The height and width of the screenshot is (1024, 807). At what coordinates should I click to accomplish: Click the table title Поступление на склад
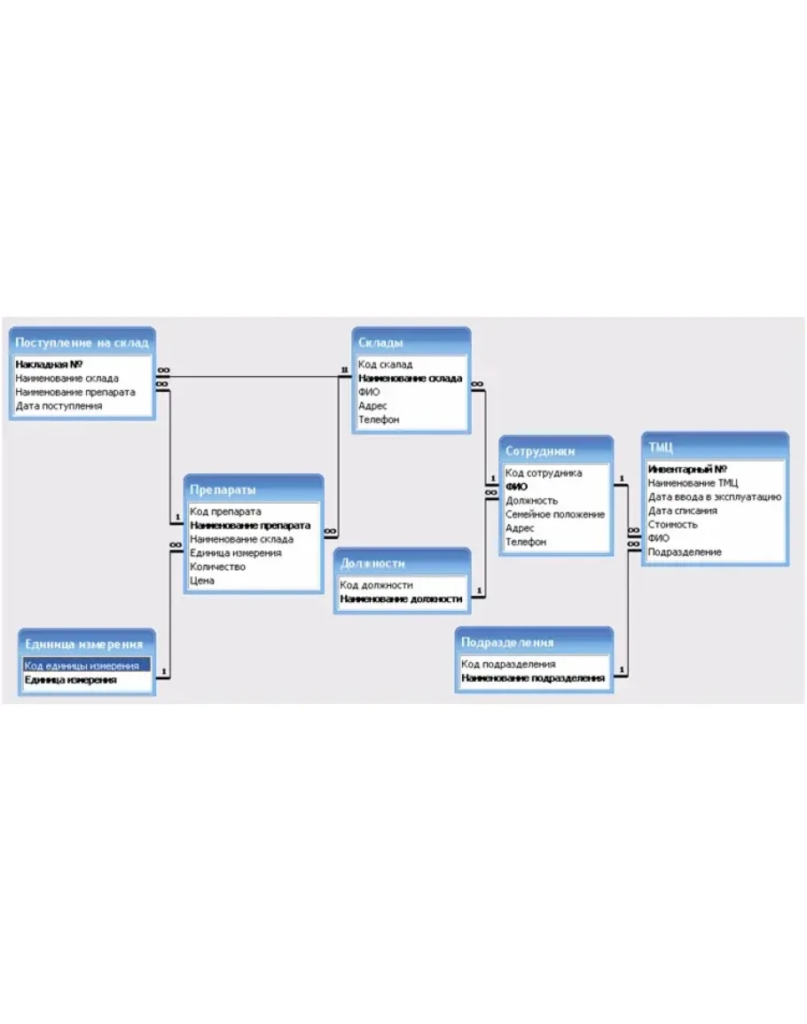tap(82, 342)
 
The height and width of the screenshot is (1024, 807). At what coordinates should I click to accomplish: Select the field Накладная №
tap(49, 364)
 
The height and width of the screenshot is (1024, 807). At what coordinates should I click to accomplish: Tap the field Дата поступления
tap(59, 405)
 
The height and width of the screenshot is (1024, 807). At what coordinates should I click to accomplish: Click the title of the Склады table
tap(380, 342)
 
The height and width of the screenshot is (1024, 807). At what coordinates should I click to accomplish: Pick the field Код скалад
tap(385, 364)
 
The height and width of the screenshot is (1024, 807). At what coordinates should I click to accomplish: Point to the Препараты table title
tap(223, 489)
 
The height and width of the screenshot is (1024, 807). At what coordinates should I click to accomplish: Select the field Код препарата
tap(225, 512)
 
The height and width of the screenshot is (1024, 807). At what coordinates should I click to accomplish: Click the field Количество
tap(217, 567)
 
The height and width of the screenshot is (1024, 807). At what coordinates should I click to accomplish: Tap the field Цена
tap(202, 581)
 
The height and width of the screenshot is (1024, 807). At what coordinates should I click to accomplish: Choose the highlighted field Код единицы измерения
tap(82, 666)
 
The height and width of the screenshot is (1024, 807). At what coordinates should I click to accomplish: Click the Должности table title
tap(372, 564)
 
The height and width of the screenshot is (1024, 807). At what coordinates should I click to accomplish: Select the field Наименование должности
tap(401, 598)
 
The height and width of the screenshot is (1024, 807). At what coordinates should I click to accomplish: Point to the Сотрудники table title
tap(540, 451)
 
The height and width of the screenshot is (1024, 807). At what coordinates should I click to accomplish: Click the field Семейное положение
tap(555, 514)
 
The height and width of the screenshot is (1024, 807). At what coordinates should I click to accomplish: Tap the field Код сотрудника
tap(543, 473)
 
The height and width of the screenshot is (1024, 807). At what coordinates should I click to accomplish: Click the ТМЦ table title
tap(660, 448)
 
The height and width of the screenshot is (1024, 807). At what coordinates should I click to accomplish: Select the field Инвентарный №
tap(686, 469)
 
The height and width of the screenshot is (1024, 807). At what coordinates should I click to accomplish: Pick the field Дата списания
tap(682, 511)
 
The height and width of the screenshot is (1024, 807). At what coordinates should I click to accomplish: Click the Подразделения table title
tap(507, 643)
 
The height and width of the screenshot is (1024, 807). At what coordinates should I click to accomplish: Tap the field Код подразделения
tap(508, 664)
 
